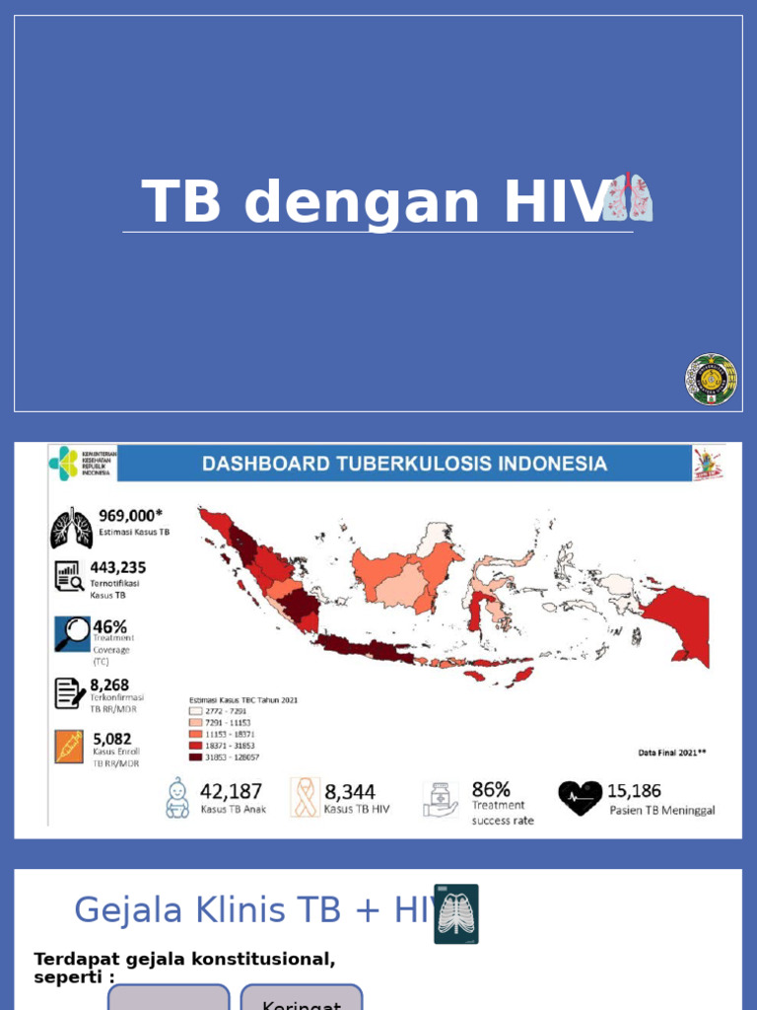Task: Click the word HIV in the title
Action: coord(554,202)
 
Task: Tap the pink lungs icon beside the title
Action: coord(629,197)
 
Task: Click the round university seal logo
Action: coord(711,380)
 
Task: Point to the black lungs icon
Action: coord(71,529)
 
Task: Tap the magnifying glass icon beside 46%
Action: coord(71,634)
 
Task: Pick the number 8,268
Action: coord(109,685)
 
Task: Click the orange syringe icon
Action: coord(69,747)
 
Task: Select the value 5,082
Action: coord(111,739)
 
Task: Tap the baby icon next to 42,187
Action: coord(177,798)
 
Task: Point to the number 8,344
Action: coord(350,792)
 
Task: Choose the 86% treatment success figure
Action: coord(491,789)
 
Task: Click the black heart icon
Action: coord(580,797)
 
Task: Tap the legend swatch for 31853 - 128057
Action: coord(195,757)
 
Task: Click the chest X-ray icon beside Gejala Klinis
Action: coord(456,914)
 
